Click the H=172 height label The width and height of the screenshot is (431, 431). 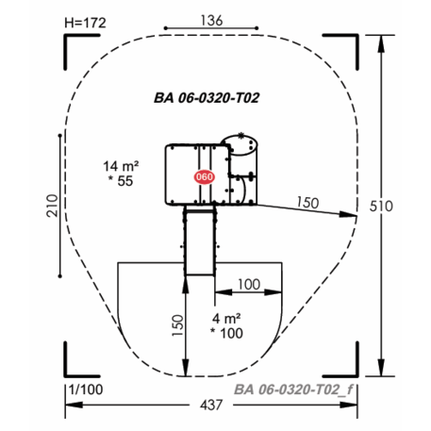pyautogui.click(x=85, y=23)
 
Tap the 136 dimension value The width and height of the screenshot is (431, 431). pyautogui.click(x=211, y=21)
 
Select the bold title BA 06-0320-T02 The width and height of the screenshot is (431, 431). pyautogui.click(x=207, y=98)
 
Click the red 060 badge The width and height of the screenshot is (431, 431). pyautogui.click(x=205, y=177)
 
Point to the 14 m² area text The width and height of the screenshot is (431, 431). pyautogui.click(x=121, y=166)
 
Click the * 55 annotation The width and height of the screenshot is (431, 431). pyautogui.click(x=121, y=181)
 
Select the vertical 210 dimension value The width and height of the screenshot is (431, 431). pyautogui.click(x=53, y=206)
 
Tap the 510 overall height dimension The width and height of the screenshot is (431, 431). pyautogui.click(x=381, y=207)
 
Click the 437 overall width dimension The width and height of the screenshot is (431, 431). pyautogui.click(x=211, y=405)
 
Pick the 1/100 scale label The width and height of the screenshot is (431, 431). pyautogui.click(x=86, y=390)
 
